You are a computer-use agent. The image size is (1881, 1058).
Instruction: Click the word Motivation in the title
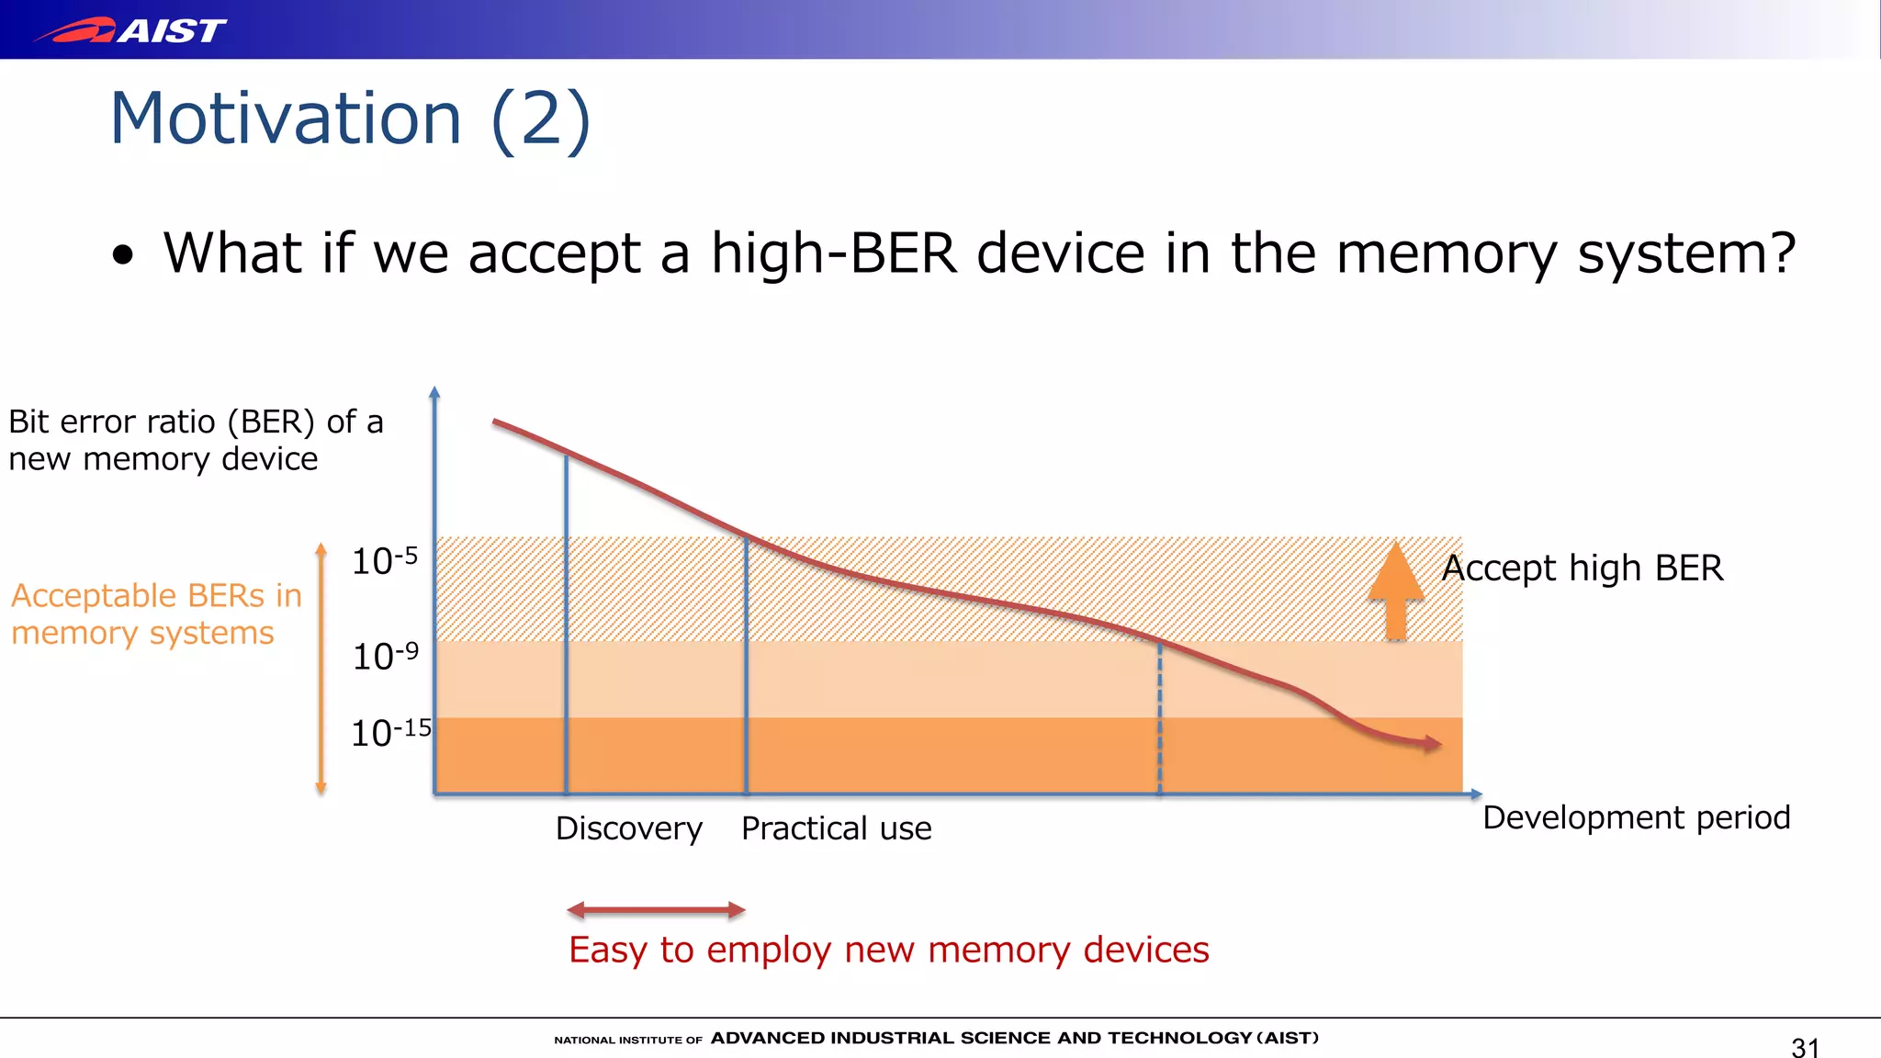pos(285,118)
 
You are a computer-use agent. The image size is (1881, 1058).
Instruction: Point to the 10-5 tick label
pos(385,560)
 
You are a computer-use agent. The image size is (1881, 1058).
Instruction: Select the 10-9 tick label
pos(385,656)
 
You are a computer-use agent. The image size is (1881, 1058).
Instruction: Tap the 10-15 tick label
pos(390,732)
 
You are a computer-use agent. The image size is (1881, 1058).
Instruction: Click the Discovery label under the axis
pos(629,828)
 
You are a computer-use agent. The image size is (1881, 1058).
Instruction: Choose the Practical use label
pos(836,828)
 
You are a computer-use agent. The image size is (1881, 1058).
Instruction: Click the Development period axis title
pos(1636,817)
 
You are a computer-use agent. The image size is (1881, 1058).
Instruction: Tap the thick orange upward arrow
pos(1396,592)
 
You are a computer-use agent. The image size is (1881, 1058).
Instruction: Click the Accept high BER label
pos(1583,568)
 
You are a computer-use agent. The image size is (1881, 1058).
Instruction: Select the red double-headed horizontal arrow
pos(656,910)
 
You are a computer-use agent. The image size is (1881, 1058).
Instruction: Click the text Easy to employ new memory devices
pos(888,950)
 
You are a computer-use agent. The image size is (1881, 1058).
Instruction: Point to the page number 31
pos(1805,1047)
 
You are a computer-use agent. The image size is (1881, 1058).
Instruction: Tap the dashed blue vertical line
pos(1159,716)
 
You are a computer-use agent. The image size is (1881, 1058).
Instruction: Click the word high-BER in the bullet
pos(834,253)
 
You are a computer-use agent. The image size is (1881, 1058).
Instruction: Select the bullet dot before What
pos(122,256)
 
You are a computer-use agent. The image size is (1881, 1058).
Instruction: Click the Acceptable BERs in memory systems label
pos(156,614)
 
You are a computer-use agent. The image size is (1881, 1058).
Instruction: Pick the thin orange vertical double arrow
pos(321,668)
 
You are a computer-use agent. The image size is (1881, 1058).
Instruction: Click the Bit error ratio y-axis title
pos(195,440)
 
